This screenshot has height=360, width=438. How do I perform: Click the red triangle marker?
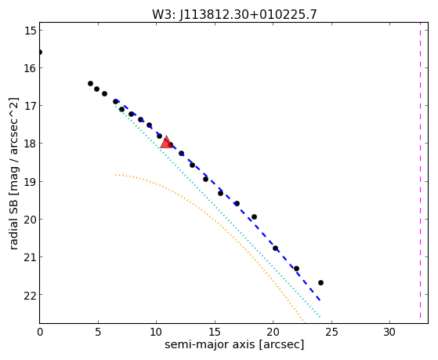166,142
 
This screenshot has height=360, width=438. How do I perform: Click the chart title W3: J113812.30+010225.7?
234,15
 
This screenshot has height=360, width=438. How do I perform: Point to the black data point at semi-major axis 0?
40,53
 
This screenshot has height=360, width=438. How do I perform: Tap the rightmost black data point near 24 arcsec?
320,283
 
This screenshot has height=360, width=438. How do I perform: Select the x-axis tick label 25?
331,333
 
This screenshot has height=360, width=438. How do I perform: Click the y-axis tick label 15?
30,31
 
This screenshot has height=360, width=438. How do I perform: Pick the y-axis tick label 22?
30,295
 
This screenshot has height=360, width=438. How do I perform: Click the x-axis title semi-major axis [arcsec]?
234,345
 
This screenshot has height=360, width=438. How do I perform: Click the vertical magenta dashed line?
420,170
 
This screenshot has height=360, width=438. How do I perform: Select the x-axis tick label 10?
156,333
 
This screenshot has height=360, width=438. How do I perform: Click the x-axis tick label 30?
389,333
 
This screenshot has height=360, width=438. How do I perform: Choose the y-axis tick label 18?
30,144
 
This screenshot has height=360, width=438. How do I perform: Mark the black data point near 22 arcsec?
297,268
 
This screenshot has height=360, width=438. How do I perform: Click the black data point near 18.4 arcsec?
254,216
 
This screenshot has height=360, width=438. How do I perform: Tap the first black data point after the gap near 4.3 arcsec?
91,83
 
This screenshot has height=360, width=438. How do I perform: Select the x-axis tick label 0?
40,333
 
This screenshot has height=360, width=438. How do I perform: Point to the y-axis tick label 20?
30,219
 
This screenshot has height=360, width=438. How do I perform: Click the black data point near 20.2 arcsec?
276,248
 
